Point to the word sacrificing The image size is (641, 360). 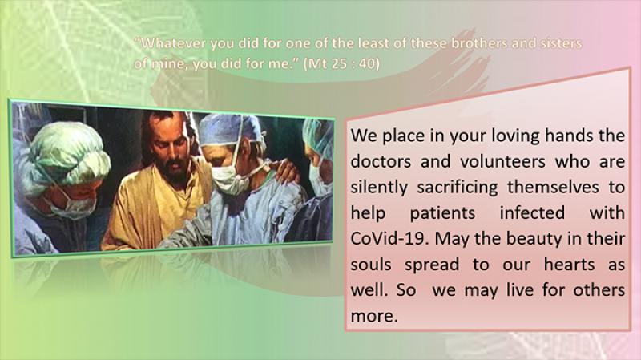coord(458,188)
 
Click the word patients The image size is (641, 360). coord(443,213)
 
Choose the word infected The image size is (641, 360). coord(532,212)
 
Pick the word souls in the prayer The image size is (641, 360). coord(371,265)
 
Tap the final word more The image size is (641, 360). coord(373,316)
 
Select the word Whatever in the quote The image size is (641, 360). coord(171,43)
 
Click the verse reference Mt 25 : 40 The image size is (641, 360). coord(342,64)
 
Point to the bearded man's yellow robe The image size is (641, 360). coord(155,204)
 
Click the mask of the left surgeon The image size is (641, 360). coord(73,208)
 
